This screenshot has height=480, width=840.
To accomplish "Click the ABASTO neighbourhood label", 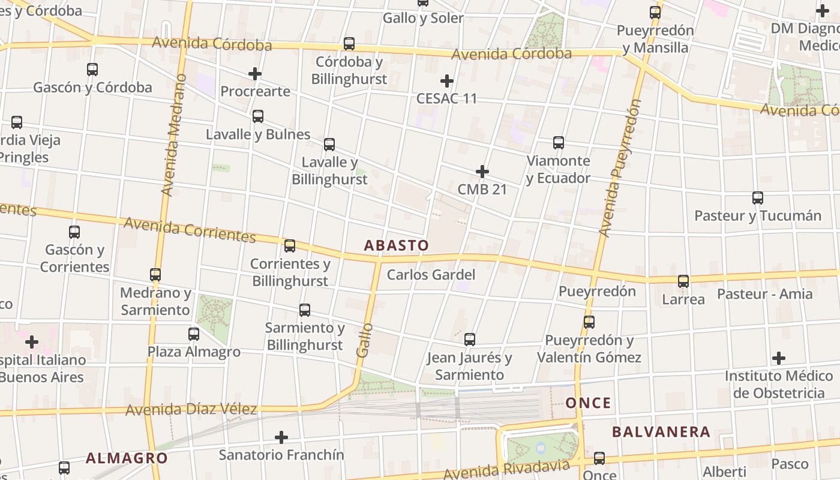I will click(x=397, y=245).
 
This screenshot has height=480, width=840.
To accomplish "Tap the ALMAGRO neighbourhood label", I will click(x=127, y=458).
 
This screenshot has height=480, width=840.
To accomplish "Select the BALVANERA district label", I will click(x=661, y=432).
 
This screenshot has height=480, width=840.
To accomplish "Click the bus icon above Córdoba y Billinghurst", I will click(x=349, y=44).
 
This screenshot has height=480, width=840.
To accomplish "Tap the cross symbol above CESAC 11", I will click(x=447, y=80).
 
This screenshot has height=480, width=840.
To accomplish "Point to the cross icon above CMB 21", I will click(x=482, y=172).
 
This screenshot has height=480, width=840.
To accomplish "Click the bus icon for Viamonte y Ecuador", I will click(x=559, y=143).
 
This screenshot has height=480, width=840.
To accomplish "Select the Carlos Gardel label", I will click(x=431, y=275).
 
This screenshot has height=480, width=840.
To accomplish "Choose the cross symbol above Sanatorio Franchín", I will click(x=281, y=437).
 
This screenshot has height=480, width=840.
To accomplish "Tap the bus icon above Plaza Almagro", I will click(x=194, y=334).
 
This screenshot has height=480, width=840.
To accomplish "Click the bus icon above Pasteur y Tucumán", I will click(x=758, y=198).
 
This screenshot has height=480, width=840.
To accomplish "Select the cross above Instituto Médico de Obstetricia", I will click(x=779, y=358).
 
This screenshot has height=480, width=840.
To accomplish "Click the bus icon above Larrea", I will click(x=683, y=281).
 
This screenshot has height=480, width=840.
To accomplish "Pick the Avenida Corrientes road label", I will click(x=190, y=230).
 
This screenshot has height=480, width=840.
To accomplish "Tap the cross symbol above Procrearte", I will click(x=255, y=74).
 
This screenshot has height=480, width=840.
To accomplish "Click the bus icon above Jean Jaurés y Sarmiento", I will click(x=470, y=340).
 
